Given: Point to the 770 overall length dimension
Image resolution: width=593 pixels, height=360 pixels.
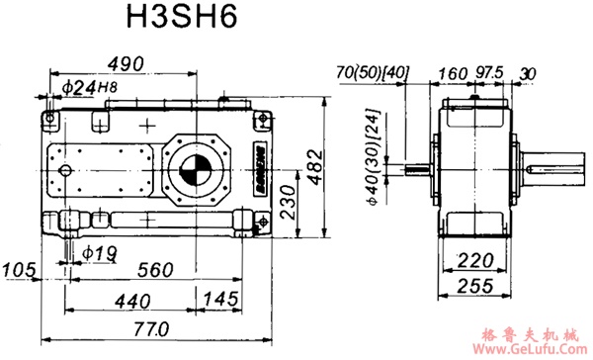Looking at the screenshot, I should click(x=148, y=327).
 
